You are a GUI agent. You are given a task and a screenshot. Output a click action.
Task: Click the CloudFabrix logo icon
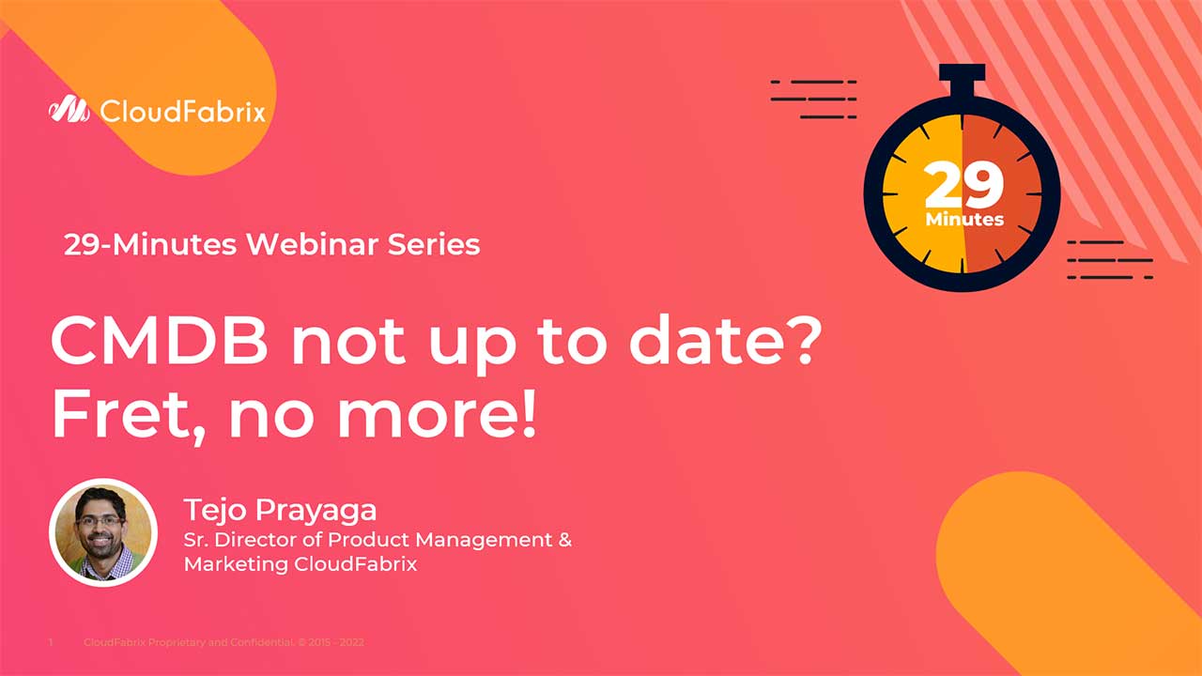click(69, 111)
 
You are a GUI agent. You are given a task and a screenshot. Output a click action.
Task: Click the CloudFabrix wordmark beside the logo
click(182, 113)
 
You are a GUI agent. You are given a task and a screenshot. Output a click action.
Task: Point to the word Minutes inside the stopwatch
click(964, 220)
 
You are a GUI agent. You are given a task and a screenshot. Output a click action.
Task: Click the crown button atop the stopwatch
click(962, 74)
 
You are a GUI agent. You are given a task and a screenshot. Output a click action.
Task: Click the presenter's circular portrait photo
click(102, 532)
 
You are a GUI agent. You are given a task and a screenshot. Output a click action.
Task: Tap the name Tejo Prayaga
click(280, 510)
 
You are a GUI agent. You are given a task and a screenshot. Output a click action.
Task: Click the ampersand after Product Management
click(564, 540)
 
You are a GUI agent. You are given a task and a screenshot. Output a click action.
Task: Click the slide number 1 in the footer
click(50, 643)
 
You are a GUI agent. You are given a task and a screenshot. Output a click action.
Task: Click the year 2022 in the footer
click(352, 643)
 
